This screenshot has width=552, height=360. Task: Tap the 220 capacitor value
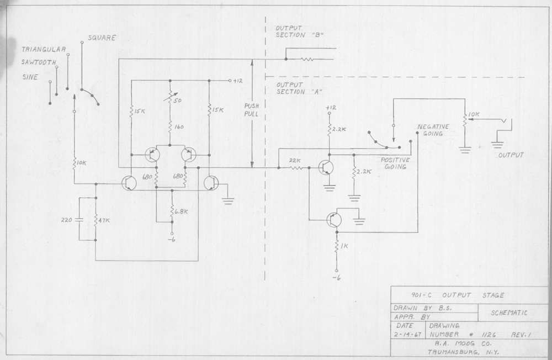(x=67, y=220)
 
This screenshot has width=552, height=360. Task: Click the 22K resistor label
(x=295, y=161)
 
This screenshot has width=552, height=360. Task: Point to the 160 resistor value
(x=179, y=127)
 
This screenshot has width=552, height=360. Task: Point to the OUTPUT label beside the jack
(x=510, y=155)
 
